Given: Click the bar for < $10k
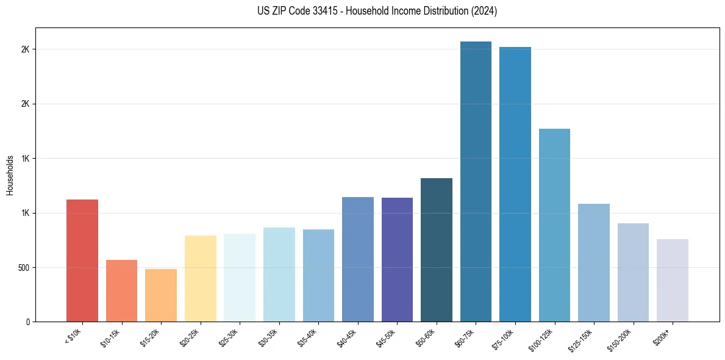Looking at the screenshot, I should [82, 261].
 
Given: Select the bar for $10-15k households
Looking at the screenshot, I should [121, 291].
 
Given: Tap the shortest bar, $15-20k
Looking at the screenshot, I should [161, 295].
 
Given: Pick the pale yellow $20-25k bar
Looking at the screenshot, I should [200, 279].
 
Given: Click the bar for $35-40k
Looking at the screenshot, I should [318, 276].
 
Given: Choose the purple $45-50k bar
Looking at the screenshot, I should [397, 260].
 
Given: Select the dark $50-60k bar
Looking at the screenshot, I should [437, 250].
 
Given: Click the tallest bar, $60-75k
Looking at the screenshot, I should [476, 182].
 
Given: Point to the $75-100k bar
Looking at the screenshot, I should [515, 184].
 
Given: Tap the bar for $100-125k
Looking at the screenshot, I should [554, 225].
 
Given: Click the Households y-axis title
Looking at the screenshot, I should [10, 175].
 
